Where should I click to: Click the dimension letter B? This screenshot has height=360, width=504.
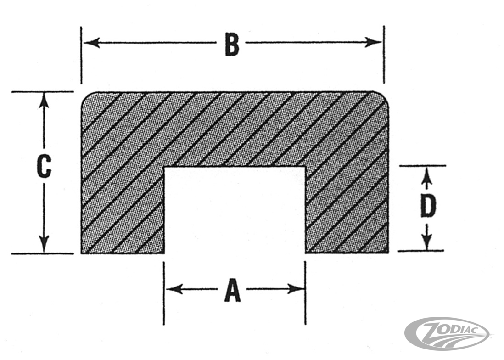tap(232, 44)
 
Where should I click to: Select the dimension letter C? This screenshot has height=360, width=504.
tap(44, 166)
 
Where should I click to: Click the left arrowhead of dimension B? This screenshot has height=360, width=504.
tap(92, 42)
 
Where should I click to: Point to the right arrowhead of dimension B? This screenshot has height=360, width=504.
tap(373, 42)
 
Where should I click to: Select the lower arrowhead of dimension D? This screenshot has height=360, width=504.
tap(427, 242)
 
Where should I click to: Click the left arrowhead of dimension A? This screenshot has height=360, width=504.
tap(175, 289)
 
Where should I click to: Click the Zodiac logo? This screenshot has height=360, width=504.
tap(448, 334)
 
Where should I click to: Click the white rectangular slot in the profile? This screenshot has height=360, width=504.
tap(235, 210)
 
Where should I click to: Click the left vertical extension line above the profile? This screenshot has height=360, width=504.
tap(81, 55)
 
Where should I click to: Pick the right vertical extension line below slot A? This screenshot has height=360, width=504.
tap(305, 293)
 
